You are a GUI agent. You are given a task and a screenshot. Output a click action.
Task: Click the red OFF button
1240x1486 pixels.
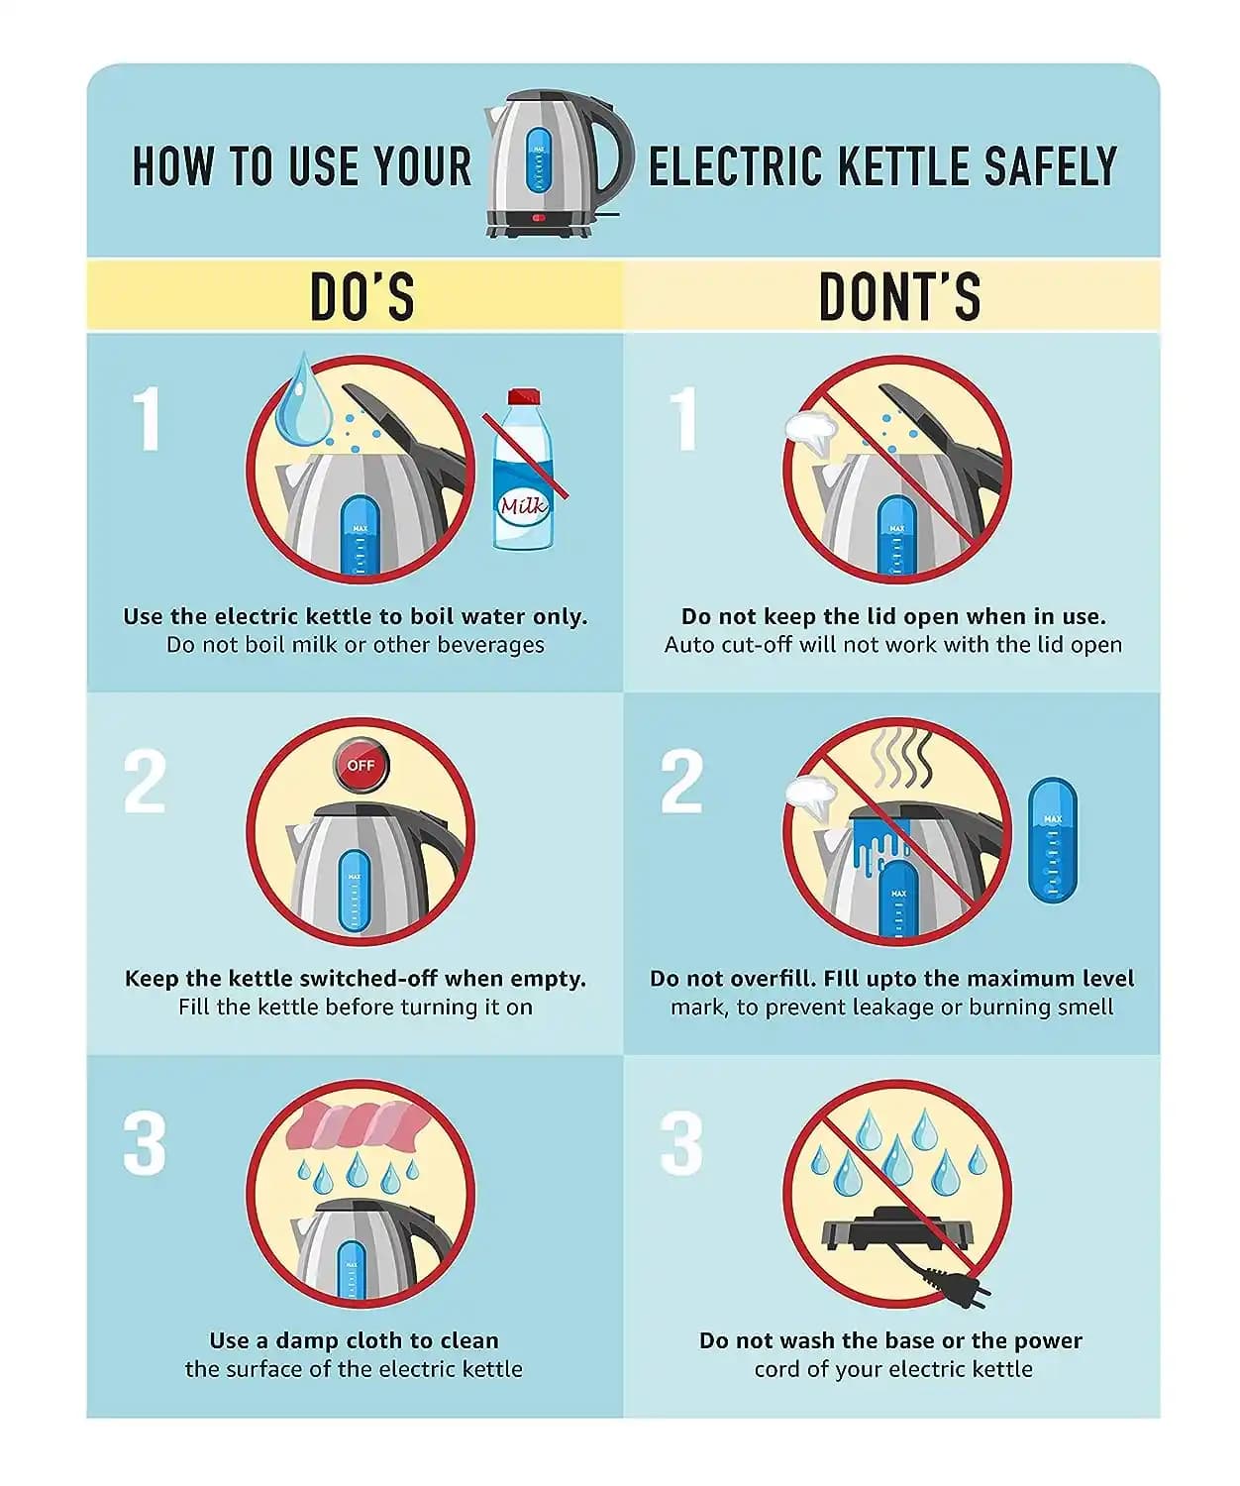click(x=361, y=765)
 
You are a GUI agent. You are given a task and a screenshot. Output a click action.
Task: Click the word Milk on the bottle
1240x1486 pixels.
click(x=523, y=506)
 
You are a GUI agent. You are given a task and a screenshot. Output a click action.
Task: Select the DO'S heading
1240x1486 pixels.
click(x=362, y=295)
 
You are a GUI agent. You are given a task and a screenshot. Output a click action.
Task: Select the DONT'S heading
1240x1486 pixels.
click(x=899, y=295)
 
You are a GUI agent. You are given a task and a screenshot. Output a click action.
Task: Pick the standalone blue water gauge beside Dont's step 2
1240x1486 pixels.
click(x=1052, y=840)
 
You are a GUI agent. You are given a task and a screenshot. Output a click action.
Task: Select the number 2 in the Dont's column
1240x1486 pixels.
click(x=680, y=782)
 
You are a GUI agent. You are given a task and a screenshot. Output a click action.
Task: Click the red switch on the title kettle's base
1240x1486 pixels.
click(x=539, y=218)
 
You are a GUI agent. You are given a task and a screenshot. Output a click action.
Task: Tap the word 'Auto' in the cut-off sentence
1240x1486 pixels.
click(x=688, y=645)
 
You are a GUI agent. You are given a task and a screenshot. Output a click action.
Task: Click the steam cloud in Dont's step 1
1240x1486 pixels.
click(x=811, y=432)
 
